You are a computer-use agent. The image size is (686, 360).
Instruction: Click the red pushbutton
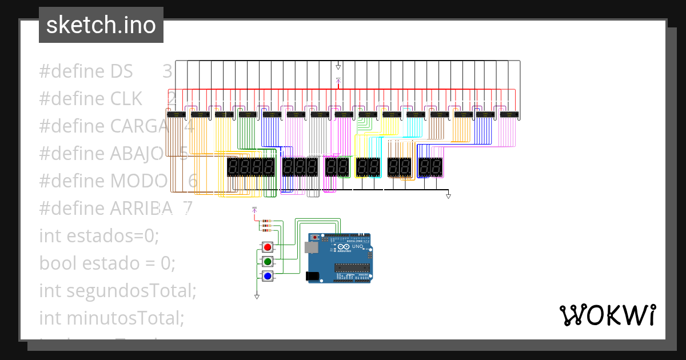267,247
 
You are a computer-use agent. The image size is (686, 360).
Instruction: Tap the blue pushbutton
267,277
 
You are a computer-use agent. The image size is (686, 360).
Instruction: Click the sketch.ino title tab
101,25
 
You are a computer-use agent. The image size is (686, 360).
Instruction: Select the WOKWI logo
607,315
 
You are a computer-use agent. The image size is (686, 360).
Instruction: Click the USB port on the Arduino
312,247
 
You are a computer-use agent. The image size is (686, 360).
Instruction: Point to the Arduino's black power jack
313,277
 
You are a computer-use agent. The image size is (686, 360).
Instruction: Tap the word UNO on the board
357,246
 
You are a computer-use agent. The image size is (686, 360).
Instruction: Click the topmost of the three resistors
266,221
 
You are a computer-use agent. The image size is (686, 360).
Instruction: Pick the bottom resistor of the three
266,230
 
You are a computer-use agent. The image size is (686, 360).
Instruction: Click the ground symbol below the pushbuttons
257,297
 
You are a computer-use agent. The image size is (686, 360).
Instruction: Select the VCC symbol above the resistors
254,210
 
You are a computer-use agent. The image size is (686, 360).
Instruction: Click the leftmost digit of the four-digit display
233,167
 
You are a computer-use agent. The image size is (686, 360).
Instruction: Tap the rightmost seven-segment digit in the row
437,167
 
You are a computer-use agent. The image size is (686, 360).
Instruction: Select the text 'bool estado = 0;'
107,263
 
